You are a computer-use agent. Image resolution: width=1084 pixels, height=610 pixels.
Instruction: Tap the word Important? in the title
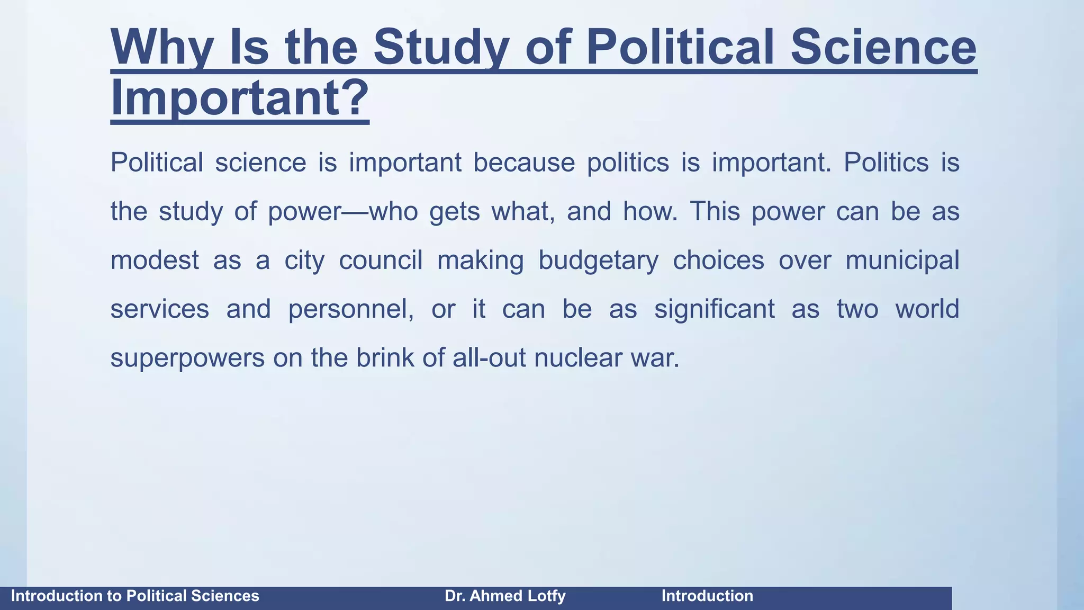click(x=239, y=98)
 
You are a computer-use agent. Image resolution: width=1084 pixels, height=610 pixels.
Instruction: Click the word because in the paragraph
click(x=523, y=162)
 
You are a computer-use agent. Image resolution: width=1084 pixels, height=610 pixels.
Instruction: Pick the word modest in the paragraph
click(x=155, y=260)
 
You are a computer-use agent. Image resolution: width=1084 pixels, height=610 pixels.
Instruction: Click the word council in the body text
click(x=381, y=260)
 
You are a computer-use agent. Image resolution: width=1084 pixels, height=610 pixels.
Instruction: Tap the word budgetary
click(x=598, y=260)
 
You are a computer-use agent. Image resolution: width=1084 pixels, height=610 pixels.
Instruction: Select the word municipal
click(x=902, y=260)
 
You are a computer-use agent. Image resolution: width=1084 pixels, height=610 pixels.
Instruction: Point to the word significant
click(x=714, y=309)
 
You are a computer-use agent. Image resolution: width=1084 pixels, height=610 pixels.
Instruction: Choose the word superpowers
click(x=187, y=358)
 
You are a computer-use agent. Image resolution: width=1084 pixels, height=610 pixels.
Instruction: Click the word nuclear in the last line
click(x=577, y=358)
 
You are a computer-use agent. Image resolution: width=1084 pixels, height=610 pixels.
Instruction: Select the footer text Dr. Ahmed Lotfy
click(x=505, y=596)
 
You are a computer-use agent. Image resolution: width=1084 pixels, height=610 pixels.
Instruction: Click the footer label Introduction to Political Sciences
click(x=135, y=596)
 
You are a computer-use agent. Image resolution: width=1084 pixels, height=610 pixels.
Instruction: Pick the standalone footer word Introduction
click(x=707, y=596)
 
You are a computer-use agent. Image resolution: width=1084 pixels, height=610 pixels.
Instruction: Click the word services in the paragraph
click(x=159, y=309)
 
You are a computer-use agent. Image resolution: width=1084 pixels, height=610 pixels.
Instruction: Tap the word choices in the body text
click(x=718, y=260)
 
